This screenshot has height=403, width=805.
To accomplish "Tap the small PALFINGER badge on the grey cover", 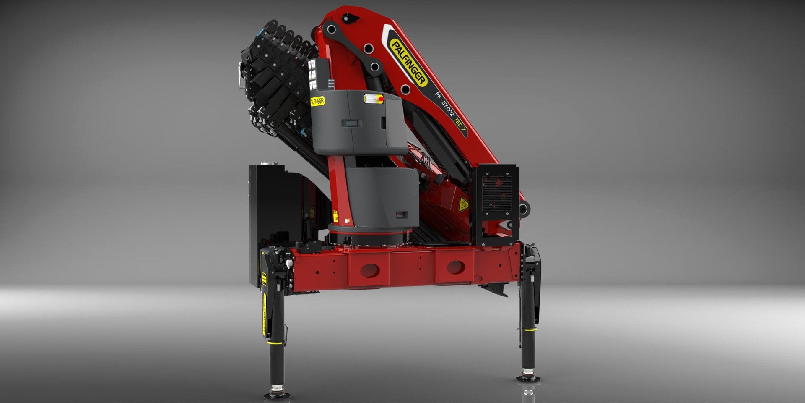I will pos(318,101).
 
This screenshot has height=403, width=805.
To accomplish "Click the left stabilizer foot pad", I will pos(277,395).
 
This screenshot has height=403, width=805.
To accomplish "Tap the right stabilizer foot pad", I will pos(528,379).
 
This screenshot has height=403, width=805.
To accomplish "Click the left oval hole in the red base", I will pos(370,270).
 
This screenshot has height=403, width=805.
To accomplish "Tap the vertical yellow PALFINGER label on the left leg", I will pos(265,314).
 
